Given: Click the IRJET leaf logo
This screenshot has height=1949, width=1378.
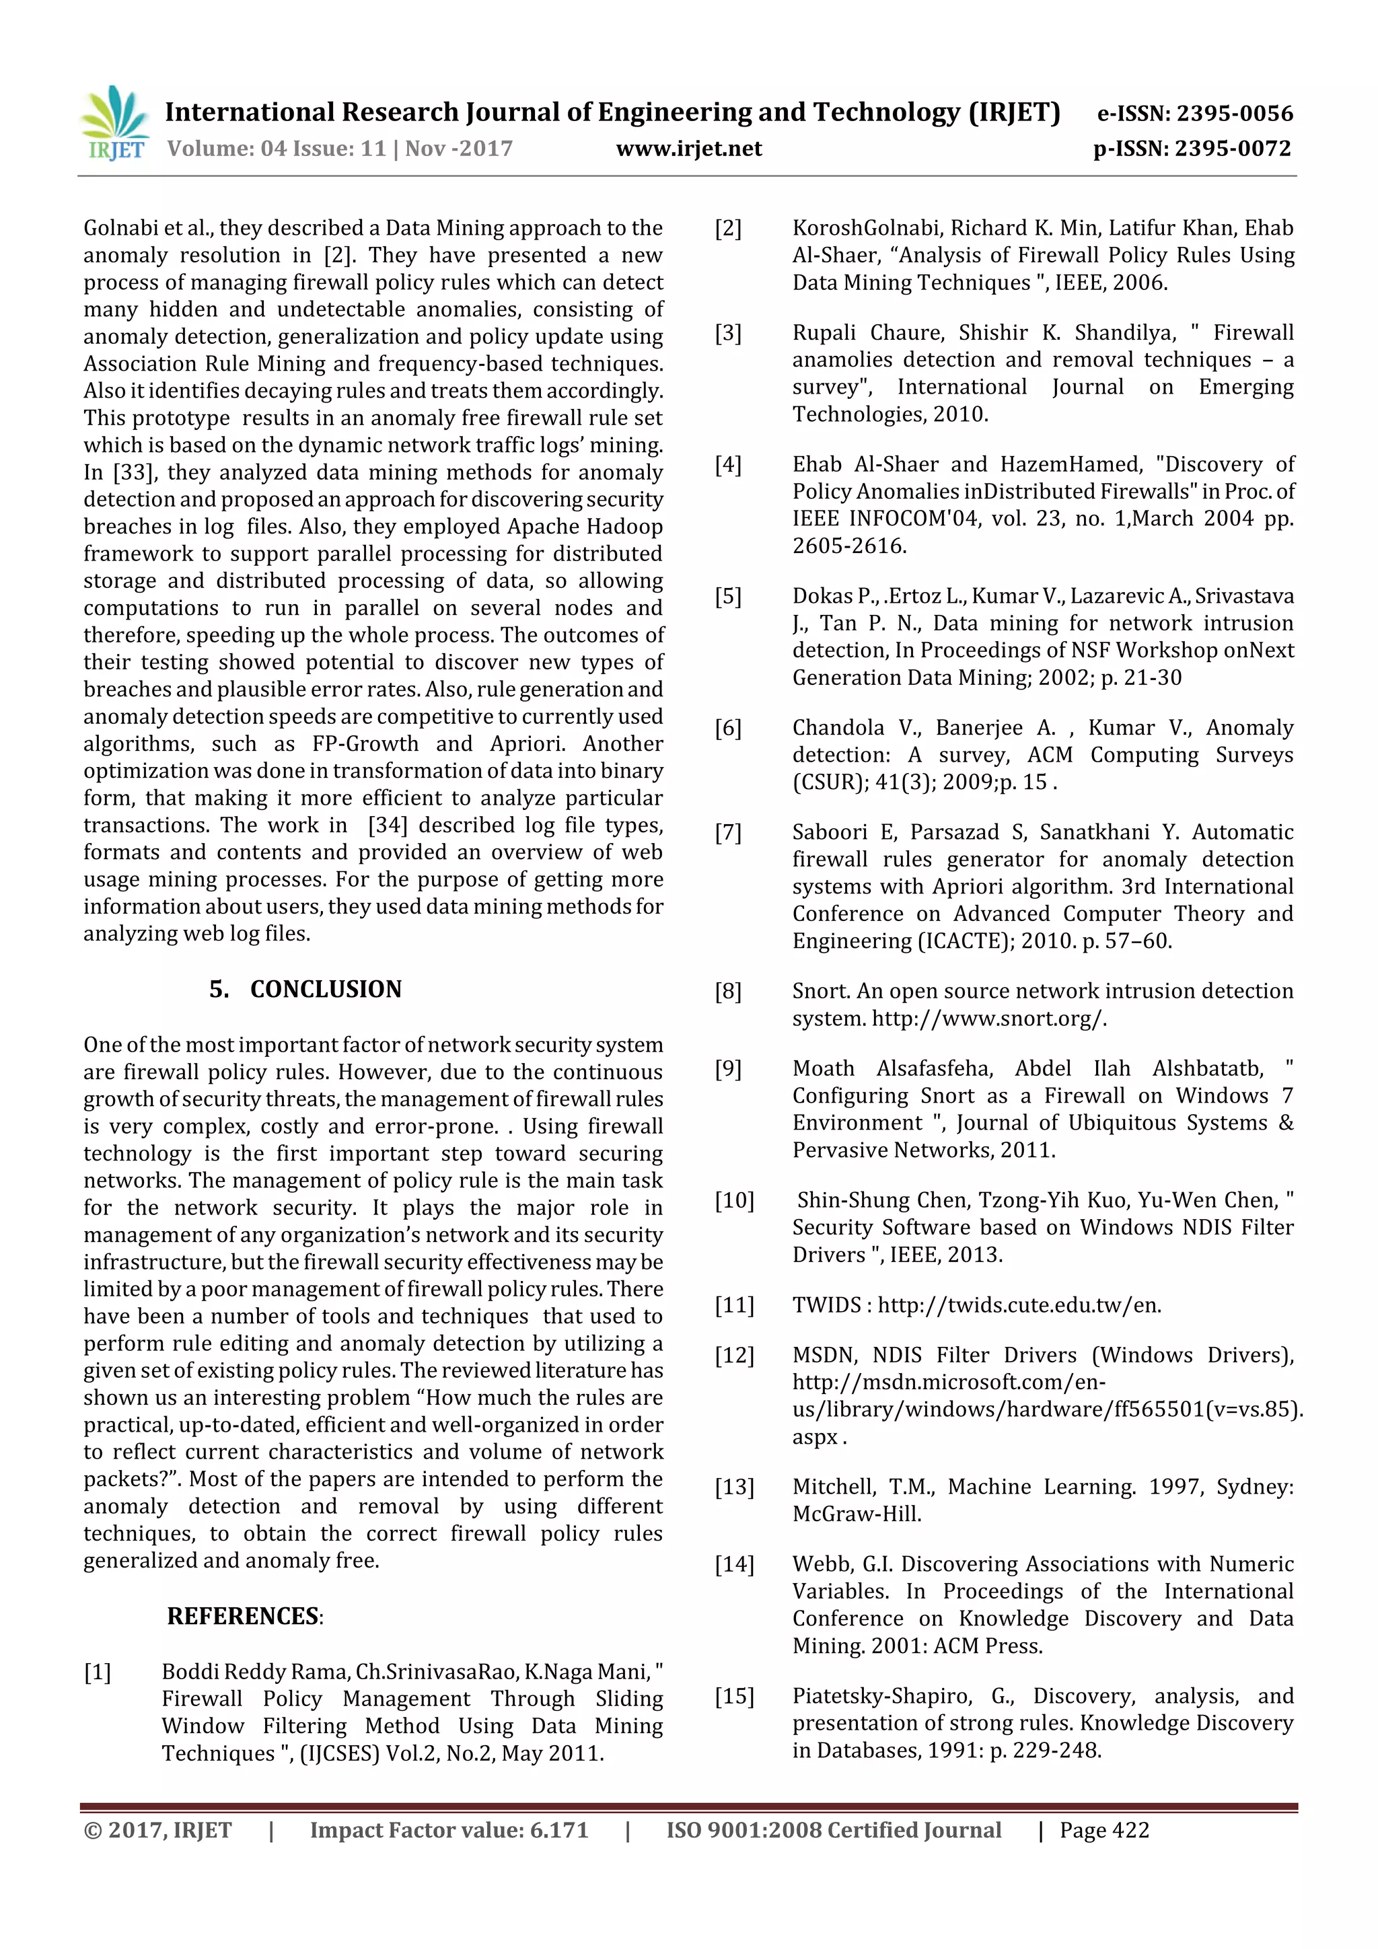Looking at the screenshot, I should pos(114,124).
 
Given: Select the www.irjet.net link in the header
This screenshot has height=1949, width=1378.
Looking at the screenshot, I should pos(688,149).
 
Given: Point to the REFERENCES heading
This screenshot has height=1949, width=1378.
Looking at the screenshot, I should pos(243,1616).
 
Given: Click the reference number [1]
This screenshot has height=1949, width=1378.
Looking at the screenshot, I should pos(98,1672).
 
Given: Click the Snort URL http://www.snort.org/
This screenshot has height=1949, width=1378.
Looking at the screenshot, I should pos(989,1019).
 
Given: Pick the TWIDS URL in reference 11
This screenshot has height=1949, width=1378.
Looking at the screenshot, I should pos(1019,1304).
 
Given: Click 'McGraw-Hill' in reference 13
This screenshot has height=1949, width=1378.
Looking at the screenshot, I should pos(857,1514).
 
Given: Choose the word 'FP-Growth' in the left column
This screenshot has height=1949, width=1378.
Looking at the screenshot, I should pos(365,745).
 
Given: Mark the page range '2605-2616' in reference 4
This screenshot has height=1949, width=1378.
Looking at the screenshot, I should pos(848,546).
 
